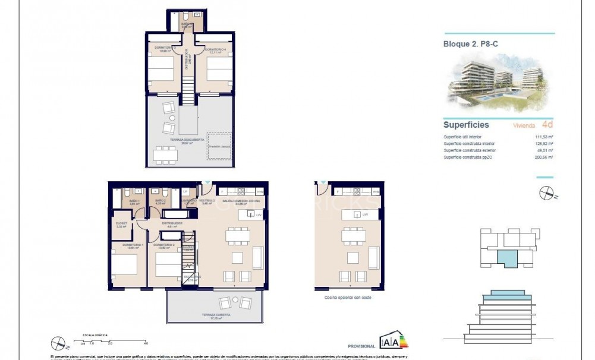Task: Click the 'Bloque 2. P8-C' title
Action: click(x=469, y=43)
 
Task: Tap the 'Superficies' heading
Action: click(x=466, y=125)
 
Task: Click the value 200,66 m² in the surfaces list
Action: click(x=543, y=157)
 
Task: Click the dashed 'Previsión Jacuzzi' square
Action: click(x=219, y=146)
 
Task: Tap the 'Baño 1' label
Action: click(x=134, y=201)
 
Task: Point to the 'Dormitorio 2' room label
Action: click(x=163, y=245)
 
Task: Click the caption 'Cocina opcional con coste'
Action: click(x=348, y=297)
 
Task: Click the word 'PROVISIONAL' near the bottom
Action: click(x=361, y=346)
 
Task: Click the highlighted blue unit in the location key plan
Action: click(x=507, y=258)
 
